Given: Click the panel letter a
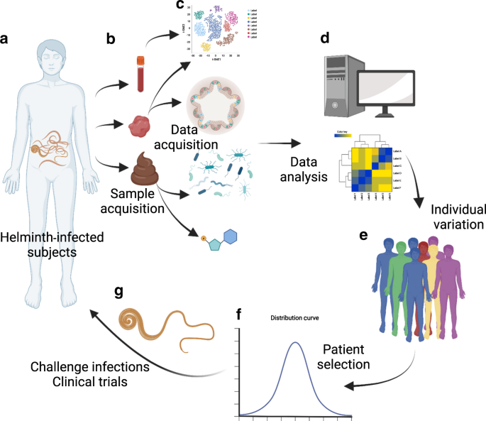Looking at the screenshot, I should [6, 39].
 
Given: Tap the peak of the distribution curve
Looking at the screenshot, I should [296, 344].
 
